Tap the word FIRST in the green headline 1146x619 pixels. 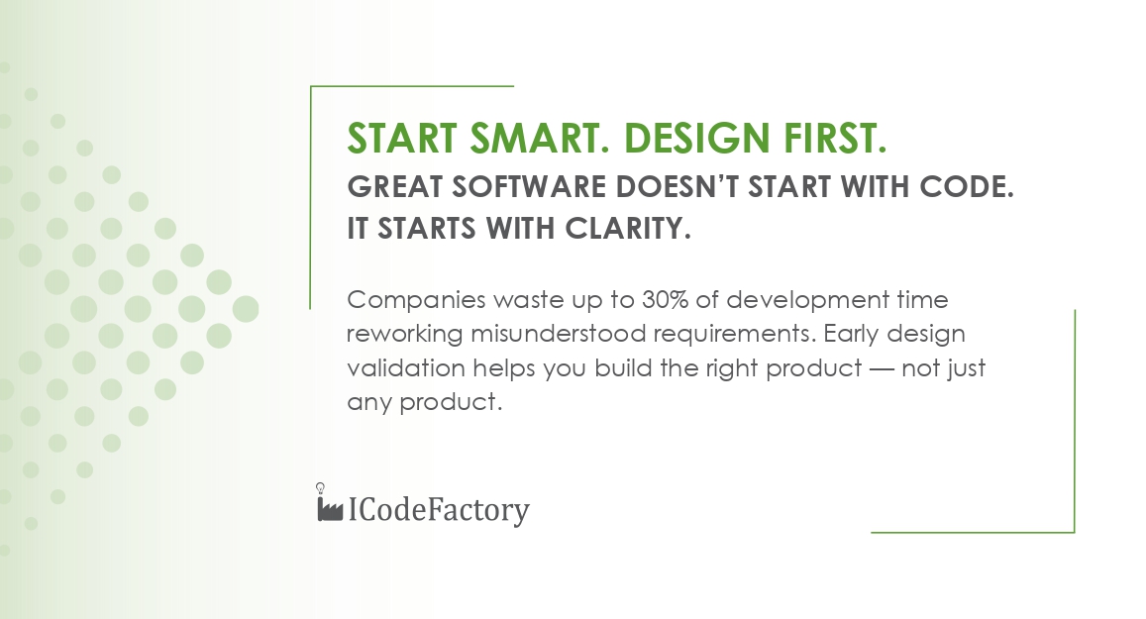tap(835, 138)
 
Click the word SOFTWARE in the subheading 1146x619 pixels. tap(529, 187)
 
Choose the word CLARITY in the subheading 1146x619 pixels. tap(628, 229)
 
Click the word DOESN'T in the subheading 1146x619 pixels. tap(677, 187)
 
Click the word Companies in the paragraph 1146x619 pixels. tap(416, 301)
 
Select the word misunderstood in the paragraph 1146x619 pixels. tap(558, 334)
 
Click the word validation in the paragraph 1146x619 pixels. tap(406, 367)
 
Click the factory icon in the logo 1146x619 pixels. tap(330, 509)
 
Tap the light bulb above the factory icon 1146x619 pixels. tap(320, 487)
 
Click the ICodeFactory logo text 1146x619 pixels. tap(439, 510)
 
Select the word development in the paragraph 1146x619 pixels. tap(807, 301)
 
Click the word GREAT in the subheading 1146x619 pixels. tap(394, 187)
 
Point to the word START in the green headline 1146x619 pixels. tap(401, 138)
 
